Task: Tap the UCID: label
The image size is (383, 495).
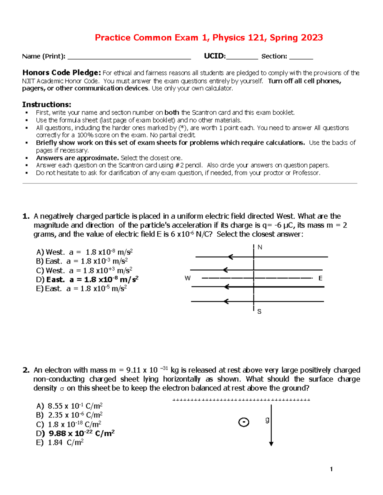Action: point(214,56)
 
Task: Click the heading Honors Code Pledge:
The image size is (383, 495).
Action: point(62,73)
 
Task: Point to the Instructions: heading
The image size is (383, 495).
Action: point(47,105)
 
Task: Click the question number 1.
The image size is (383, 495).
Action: point(26,216)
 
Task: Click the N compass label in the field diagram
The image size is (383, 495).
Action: point(260,247)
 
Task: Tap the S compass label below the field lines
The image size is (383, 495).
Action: point(259,311)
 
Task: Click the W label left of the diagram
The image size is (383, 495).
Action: point(188,278)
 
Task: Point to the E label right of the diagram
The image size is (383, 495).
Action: point(320,278)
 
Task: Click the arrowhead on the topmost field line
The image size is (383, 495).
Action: point(230,257)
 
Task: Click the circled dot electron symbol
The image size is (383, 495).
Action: point(244,422)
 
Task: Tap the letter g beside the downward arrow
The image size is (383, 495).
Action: point(267,420)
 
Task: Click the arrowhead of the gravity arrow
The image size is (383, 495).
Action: point(271,443)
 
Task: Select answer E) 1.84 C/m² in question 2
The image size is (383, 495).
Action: point(60,442)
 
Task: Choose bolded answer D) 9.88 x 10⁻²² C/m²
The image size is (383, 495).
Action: point(75,433)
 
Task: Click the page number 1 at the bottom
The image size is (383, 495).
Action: point(331,469)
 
